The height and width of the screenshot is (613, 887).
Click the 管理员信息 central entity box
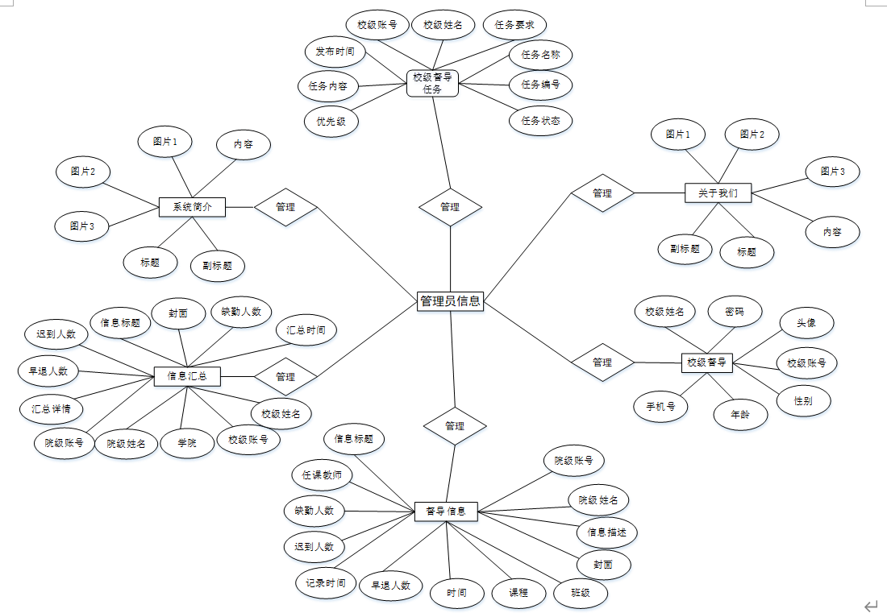pyautogui.click(x=450, y=301)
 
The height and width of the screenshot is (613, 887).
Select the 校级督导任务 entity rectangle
pyautogui.click(x=432, y=83)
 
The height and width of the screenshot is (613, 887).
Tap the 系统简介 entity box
pyautogui.click(x=192, y=207)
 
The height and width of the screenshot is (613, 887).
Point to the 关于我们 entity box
pyautogui.click(x=718, y=193)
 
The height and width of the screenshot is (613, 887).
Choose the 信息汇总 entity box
pyautogui.click(x=187, y=376)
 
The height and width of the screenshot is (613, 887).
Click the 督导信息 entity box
pyautogui.click(x=446, y=511)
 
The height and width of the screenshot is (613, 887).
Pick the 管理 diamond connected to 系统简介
pyautogui.click(x=285, y=207)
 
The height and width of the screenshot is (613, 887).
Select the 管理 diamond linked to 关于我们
pyautogui.click(x=602, y=193)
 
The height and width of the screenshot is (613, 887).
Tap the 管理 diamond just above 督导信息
pyautogui.click(x=455, y=425)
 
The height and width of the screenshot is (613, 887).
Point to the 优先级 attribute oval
pyautogui.click(x=331, y=122)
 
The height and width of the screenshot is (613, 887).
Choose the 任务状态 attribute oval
pyautogui.click(x=540, y=121)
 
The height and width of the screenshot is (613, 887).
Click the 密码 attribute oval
pyautogui.click(x=734, y=312)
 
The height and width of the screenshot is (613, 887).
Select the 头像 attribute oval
pyautogui.click(x=806, y=323)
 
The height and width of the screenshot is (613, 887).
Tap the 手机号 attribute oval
pyautogui.click(x=660, y=407)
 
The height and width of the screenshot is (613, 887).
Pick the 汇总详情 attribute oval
pyautogui.click(x=51, y=408)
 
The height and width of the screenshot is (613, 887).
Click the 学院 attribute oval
pyautogui.click(x=187, y=442)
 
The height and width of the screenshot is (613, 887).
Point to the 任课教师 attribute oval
pyautogui.click(x=322, y=475)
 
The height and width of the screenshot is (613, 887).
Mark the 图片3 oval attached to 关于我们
pyautogui.click(x=832, y=172)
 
